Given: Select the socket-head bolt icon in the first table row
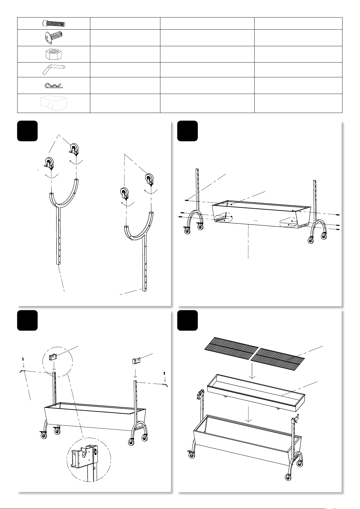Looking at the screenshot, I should click(x=54, y=23).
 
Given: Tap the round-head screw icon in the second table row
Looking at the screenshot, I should click(x=53, y=37).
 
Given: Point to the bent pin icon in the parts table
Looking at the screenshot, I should click(x=53, y=69).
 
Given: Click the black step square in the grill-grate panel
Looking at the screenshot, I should click(x=188, y=320).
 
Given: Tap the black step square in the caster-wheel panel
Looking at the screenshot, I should click(x=27, y=131).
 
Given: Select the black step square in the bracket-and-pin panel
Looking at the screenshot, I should click(x=27, y=320).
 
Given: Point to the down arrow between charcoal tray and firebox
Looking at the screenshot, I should click(x=248, y=414).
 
